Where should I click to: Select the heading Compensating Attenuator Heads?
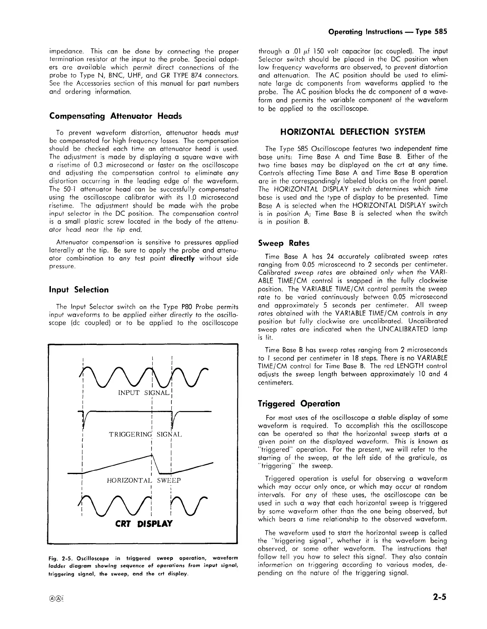[x=115, y=116]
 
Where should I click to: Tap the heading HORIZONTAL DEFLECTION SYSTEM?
[x=353, y=132]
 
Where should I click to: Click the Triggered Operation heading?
[x=299, y=404]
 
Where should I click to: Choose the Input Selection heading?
[x=79, y=290]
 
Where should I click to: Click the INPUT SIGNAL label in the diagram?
[x=144, y=393]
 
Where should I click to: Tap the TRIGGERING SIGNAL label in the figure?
[x=145, y=434]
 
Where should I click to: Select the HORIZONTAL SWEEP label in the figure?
[x=144, y=480]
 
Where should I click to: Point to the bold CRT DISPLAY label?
[x=144, y=524]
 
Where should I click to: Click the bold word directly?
[x=183, y=259]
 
